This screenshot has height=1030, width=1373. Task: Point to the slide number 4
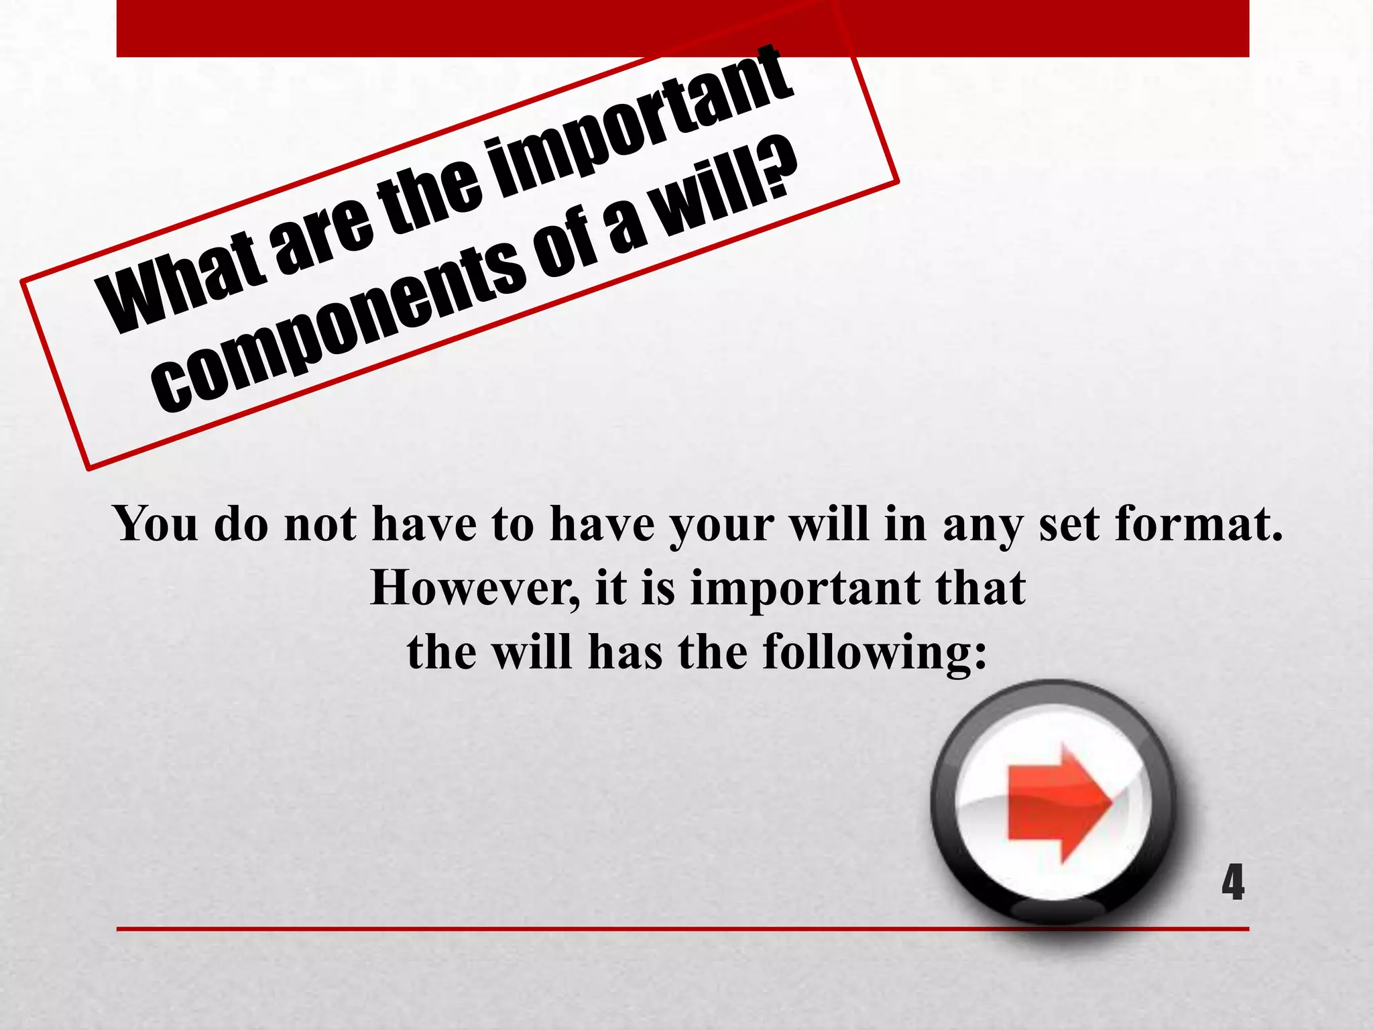coord(1232,883)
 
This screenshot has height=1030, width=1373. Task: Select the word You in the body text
coord(156,523)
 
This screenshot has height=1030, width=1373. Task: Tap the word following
coord(865,652)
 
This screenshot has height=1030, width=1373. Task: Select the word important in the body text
coord(805,589)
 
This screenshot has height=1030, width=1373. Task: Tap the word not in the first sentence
coord(320,523)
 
